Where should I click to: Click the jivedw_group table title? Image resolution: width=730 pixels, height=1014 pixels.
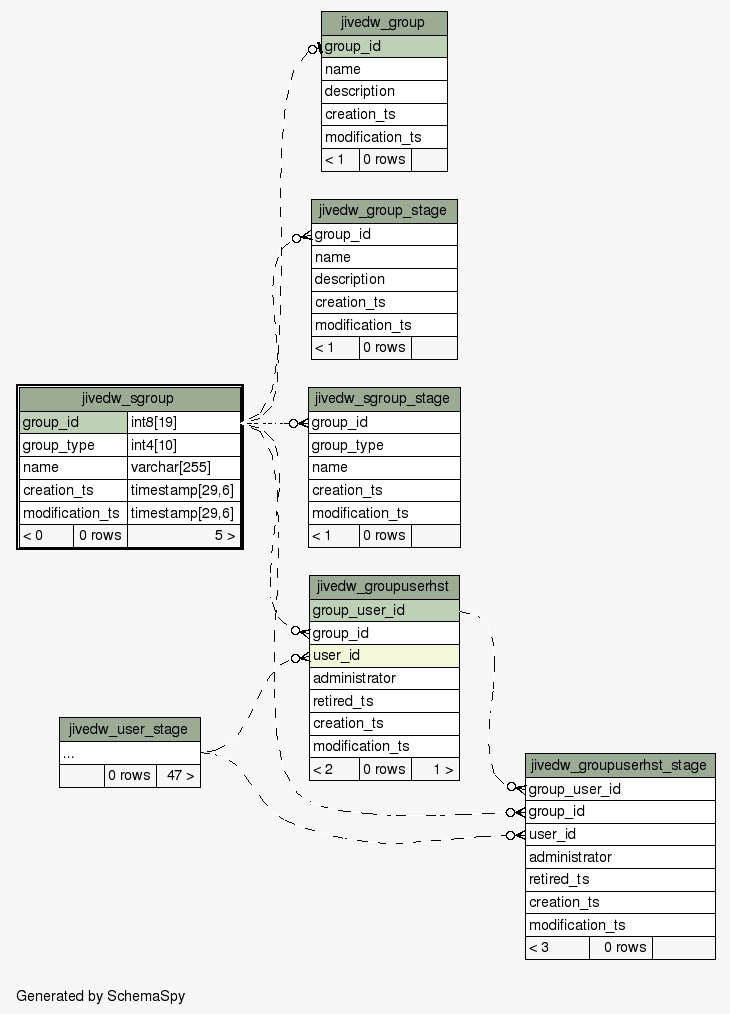coord(384,23)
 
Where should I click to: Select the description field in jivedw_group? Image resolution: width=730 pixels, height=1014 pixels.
coord(384,92)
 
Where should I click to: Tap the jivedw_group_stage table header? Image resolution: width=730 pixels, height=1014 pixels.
coord(384,211)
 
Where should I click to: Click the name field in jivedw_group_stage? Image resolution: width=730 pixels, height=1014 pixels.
coord(384,257)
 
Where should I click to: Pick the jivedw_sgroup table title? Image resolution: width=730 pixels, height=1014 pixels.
coord(130,399)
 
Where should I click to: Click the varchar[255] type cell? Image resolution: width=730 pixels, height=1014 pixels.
coord(184,468)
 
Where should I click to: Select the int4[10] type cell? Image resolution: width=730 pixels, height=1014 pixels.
coord(184,445)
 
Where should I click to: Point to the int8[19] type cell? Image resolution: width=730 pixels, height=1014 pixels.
coord(184,422)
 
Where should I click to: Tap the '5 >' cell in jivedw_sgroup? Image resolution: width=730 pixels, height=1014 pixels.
coord(184,535)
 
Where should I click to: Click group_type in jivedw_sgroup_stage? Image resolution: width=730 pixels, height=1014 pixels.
coord(384,445)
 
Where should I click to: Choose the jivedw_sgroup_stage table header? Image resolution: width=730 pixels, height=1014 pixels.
coord(384,399)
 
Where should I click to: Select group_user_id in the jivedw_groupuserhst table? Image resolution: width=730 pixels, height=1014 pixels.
coord(384,610)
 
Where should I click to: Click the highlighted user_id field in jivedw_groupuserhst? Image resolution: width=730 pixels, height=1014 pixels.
coord(384,656)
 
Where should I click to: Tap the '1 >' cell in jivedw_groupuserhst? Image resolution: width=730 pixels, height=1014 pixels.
coord(435,769)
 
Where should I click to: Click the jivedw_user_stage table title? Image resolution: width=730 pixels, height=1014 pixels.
coord(130,729)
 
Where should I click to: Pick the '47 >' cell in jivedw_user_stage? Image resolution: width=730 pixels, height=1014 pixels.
coord(178,775)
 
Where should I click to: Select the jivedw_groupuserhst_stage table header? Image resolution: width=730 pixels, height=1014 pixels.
coord(620,766)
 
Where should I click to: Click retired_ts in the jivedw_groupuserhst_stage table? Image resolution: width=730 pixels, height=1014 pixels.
coord(620,879)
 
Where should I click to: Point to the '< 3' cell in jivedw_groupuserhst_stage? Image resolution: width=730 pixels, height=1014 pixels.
coord(557,948)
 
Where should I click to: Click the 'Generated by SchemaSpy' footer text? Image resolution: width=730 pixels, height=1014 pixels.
coord(101,996)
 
